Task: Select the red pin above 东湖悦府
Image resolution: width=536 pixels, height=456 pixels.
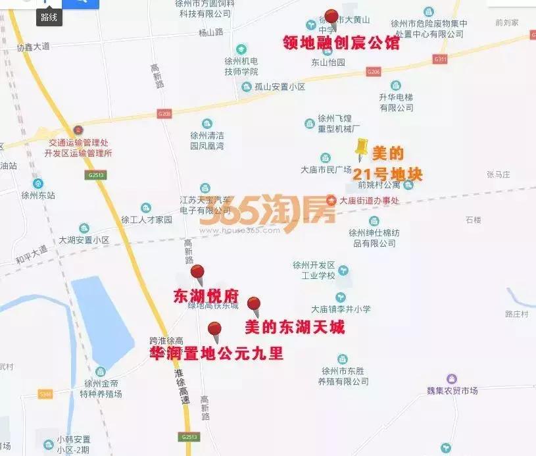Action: click(x=197, y=272)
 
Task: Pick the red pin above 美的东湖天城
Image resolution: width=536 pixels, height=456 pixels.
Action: click(x=254, y=305)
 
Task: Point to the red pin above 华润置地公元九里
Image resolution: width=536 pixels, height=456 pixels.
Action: click(x=214, y=329)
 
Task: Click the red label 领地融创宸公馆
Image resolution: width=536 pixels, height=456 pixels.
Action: click(x=341, y=43)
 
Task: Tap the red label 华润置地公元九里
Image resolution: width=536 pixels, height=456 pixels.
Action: click(x=217, y=353)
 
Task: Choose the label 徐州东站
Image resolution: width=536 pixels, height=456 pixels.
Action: click(x=38, y=195)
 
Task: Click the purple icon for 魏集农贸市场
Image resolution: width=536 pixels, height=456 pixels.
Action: click(x=451, y=379)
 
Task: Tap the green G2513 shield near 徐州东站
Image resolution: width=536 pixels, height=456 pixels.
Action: click(x=95, y=175)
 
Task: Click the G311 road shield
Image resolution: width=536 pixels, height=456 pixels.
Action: click(x=440, y=59)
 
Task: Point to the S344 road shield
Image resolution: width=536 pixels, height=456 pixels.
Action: click(x=45, y=394)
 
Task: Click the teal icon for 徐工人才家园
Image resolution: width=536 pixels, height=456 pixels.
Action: click(x=145, y=208)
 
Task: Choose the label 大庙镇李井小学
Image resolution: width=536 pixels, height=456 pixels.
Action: click(x=341, y=309)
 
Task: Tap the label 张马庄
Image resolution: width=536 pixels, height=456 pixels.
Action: click(x=499, y=174)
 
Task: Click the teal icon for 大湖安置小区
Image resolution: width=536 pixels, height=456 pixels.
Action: click(x=84, y=228)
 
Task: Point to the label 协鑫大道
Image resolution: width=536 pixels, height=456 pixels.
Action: click(x=34, y=47)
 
